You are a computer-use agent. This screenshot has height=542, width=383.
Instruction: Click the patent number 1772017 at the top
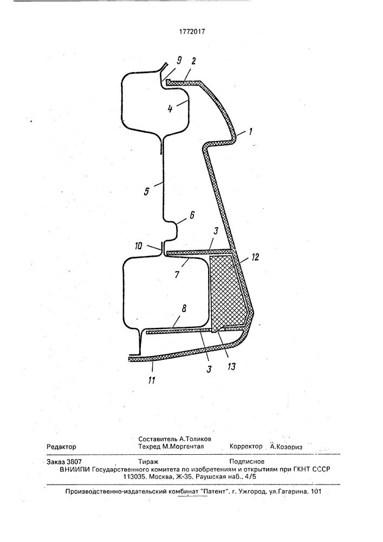pyautogui.click(x=192, y=31)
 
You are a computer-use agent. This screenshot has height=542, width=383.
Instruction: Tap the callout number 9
pyautogui.click(x=179, y=61)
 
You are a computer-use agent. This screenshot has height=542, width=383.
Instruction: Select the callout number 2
pyautogui.click(x=193, y=61)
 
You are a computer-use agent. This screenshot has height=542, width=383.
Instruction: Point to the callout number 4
pyautogui.click(x=170, y=109)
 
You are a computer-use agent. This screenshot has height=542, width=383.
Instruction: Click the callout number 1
pyautogui.click(x=250, y=131)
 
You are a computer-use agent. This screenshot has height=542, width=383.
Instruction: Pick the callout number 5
pyautogui.click(x=147, y=191)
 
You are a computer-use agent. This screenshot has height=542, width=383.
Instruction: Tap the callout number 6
pyautogui.click(x=192, y=215)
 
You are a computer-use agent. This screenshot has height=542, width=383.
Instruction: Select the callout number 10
pyautogui.click(x=139, y=246)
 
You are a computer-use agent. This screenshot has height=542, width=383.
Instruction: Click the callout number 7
pyautogui.click(x=177, y=275)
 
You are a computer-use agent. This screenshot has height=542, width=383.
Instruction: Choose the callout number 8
pyautogui.click(x=184, y=308)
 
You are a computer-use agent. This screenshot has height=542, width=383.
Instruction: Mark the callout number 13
pyautogui.click(x=231, y=366)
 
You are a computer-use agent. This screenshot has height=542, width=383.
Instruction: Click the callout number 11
pyautogui.click(x=151, y=380)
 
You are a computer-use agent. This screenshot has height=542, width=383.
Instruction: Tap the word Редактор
pyautogui.click(x=61, y=447)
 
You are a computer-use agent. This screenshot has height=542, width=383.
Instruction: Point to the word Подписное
pyautogui.click(x=247, y=461)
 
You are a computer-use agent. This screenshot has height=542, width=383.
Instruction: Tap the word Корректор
pyautogui.click(x=246, y=447)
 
